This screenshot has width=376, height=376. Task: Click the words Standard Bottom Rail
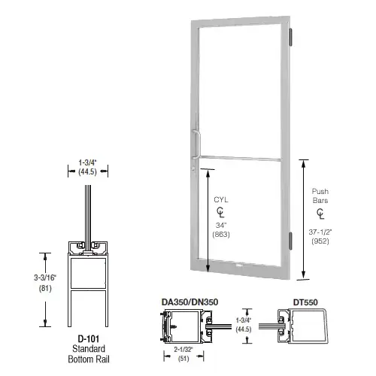coord(86,354)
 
